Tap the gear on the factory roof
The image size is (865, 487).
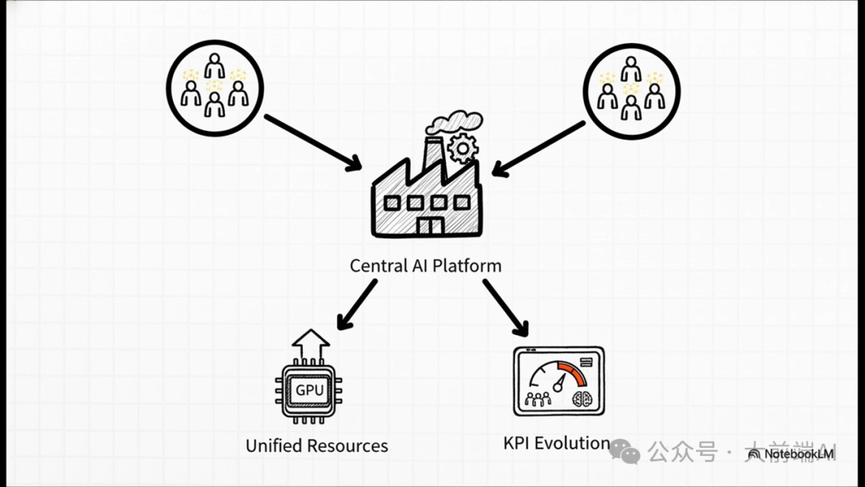pos(463,148)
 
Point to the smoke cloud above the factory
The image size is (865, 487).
pos(454,123)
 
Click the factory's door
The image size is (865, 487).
pos(430,225)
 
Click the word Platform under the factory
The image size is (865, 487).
pos(467,266)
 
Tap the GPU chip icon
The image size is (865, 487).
pos(310,392)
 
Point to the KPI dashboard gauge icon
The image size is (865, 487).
pos(559,381)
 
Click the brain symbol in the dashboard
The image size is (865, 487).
pos(583,398)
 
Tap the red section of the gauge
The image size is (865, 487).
pos(572,371)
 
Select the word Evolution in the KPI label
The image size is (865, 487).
pos(572,443)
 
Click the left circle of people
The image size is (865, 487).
pos(214,87)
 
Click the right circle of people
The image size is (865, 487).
pos(631,91)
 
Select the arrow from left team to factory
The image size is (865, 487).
pos(312,143)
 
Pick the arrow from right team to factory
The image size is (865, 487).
pos(538,147)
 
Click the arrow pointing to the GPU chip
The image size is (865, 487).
pos(356,304)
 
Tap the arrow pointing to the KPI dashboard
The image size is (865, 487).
pos(505,308)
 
